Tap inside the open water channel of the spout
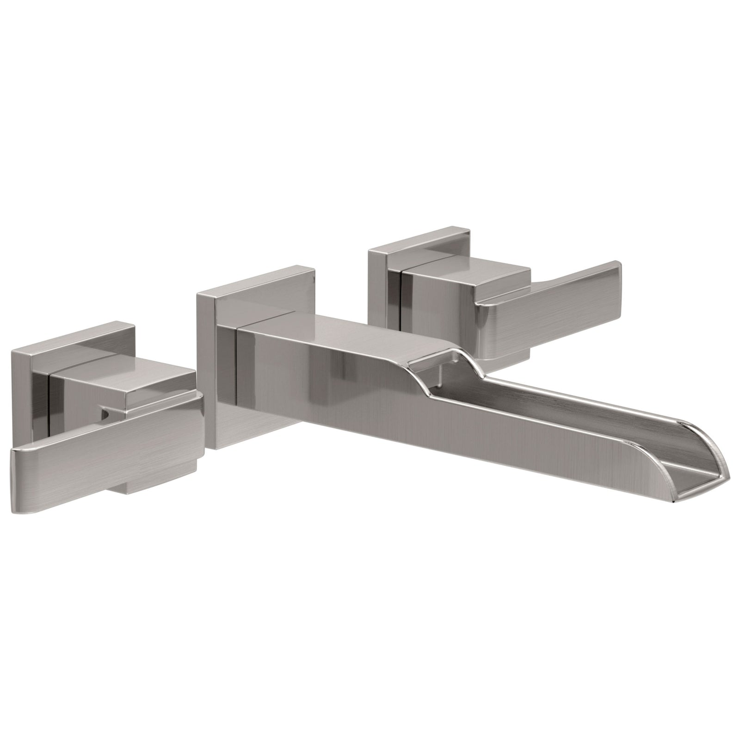click(555, 407)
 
